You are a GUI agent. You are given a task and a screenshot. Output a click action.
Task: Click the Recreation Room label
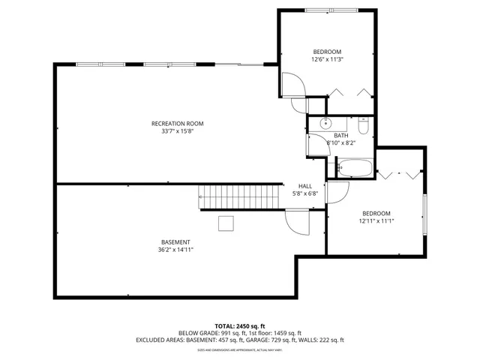pyautogui.click(x=177, y=123)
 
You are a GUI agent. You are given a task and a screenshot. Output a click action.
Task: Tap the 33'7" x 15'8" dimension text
pyautogui.click(x=177, y=130)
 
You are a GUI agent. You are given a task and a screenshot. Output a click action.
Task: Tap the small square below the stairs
pyautogui.click(x=226, y=223)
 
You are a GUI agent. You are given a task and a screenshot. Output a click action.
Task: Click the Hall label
pyautogui.click(x=305, y=186)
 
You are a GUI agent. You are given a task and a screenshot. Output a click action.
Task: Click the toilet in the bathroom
pyautogui.click(x=363, y=123)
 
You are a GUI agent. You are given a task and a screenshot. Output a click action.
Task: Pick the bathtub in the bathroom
pyautogui.click(x=354, y=168)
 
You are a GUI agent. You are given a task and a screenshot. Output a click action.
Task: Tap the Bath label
pyautogui.click(x=341, y=136)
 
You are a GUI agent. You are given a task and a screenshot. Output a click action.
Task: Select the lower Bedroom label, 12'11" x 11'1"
pyautogui.click(x=376, y=213)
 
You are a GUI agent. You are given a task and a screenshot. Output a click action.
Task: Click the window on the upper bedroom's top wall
pyautogui.click(x=326, y=10)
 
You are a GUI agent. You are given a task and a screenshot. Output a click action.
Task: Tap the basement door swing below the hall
pyautogui.click(x=298, y=222)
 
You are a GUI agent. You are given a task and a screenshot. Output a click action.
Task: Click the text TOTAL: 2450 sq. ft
pyautogui.click(x=240, y=326)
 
